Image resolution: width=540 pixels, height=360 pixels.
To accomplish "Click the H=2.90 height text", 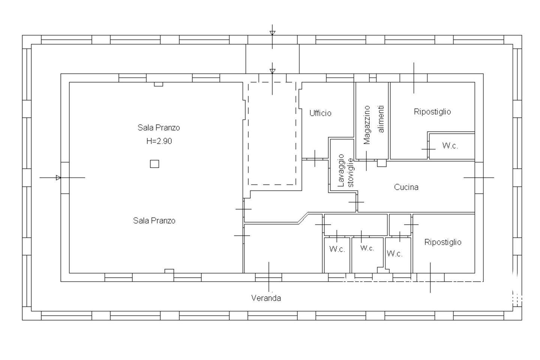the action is coord(159,141).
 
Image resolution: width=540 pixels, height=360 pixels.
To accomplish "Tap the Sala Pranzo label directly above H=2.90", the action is coord(159,127).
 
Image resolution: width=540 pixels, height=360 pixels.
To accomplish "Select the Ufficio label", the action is coord(320,113).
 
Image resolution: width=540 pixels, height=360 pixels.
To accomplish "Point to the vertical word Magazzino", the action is coord(367,125).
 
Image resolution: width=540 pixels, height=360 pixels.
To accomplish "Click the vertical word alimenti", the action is coord(381,119).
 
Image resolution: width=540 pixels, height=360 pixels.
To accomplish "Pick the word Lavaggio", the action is coord(341,171).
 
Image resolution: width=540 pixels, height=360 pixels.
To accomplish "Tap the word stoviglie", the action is coord(351,172).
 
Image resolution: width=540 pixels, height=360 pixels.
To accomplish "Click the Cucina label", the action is coord(406,187).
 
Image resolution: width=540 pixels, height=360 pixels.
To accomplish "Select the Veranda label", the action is coord(266,298).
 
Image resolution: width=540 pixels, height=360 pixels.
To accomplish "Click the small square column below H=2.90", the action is coord(154,164).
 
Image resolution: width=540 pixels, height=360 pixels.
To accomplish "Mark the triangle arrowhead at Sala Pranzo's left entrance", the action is coord(58,178).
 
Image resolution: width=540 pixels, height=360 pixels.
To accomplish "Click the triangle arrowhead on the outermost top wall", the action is coord(272,33).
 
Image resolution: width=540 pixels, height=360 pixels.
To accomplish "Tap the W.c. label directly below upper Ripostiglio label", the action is coord(450,145).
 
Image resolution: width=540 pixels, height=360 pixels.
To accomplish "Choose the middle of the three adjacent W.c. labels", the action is coord(367,248).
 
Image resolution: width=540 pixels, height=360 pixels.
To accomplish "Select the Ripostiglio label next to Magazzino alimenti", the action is coord(432,112).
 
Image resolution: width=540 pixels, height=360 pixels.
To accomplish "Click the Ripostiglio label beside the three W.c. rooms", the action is coord(443,242).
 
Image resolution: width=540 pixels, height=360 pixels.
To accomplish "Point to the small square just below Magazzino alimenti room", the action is coord(382,163).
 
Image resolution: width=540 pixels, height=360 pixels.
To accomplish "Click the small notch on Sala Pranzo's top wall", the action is coord(158,84).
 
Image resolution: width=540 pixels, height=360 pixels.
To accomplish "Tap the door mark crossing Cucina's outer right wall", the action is coord(479,178).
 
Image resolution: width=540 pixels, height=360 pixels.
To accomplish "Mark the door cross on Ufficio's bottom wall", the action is coord(315,158).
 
